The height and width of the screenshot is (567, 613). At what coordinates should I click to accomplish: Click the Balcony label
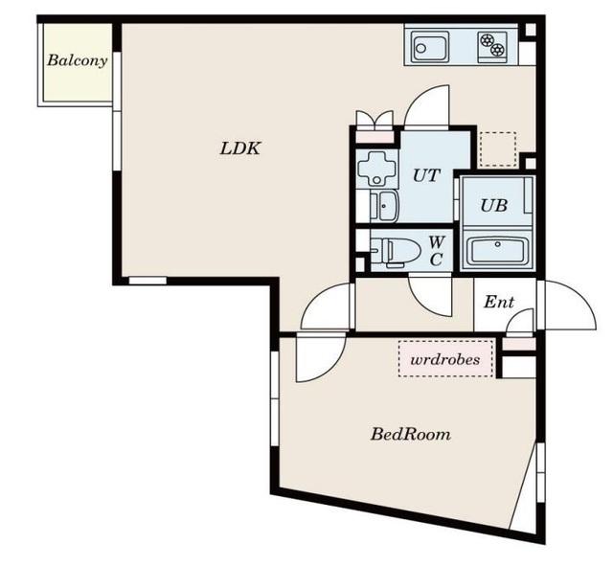(x=78, y=60)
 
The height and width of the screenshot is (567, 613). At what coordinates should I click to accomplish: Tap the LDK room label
(x=240, y=148)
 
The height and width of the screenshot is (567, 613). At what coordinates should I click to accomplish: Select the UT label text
(x=426, y=175)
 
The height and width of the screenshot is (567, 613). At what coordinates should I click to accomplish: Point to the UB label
(x=494, y=206)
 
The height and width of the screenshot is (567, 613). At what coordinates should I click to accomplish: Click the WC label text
(x=436, y=251)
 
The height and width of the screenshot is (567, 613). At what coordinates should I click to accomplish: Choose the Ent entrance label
(x=499, y=302)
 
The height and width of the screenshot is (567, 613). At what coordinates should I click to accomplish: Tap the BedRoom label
(x=411, y=434)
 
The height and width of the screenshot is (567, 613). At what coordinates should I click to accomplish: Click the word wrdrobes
(x=445, y=359)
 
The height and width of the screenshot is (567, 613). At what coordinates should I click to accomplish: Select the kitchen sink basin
(x=429, y=47)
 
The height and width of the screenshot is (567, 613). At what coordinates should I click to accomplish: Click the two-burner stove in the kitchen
(x=492, y=45)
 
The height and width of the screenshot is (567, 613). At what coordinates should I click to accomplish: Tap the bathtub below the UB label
(x=497, y=250)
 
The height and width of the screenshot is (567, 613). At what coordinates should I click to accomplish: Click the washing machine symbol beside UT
(x=377, y=169)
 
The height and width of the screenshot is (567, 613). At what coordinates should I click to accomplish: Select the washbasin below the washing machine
(x=384, y=206)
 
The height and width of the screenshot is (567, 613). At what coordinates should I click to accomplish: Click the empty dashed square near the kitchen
(x=498, y=149)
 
